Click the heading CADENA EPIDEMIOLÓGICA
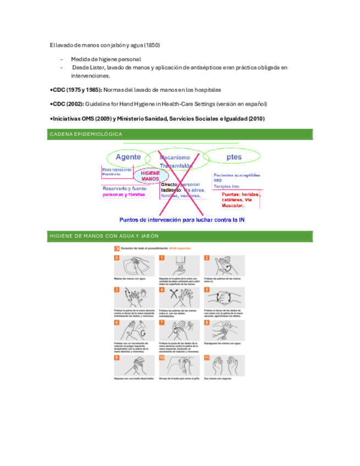[x=86, y=134]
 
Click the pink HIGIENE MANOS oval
[x=150, y=176]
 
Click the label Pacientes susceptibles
[x=237, y=175]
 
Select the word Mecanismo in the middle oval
[x=175, y=157]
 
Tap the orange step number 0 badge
[x=117, y=258]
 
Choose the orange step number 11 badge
[x=207, y=358]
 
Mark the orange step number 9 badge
[x=117, y=358]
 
